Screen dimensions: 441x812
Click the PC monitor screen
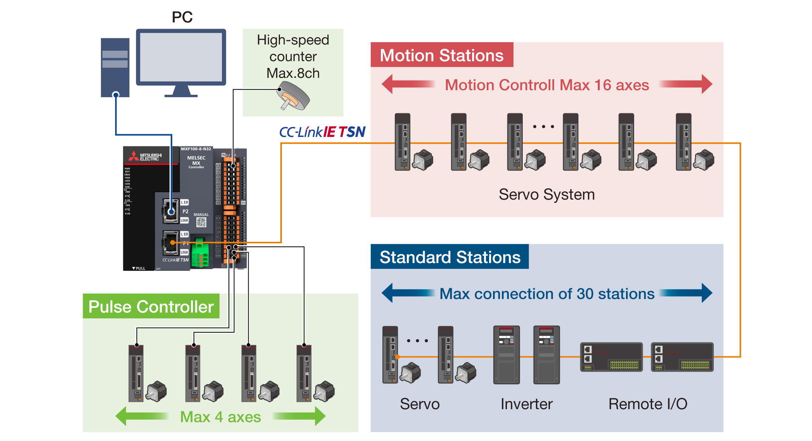tap(181, 57)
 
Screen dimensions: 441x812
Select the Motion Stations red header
tap(442, 55)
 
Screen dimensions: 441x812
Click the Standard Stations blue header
tap(449, 257)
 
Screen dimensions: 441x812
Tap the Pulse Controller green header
tap(151, 306)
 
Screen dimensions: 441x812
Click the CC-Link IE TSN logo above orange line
tap(322, 132)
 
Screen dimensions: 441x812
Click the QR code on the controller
tap(201, 222)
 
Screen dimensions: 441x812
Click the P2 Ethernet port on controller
tap(171, 211)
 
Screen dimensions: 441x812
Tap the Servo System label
tap(546, 194)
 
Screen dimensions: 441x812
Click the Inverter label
tap(526, 404)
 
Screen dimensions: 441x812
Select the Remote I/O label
tap(648, 404)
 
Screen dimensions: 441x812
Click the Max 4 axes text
tap(220, 417)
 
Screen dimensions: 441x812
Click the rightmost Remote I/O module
tap(682, 357)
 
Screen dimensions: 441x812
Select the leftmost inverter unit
tap(506, 355)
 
